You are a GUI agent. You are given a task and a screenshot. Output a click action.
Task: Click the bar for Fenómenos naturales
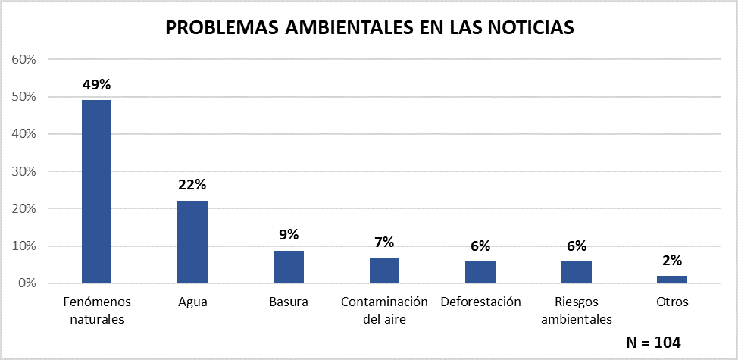point(96,191)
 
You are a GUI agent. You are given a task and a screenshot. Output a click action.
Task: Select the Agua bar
point(192,242)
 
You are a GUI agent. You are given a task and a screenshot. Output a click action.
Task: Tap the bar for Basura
point(288,267)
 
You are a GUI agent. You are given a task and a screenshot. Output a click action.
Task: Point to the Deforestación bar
point(480,272)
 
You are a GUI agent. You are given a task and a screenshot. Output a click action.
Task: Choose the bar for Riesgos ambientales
point(576,272)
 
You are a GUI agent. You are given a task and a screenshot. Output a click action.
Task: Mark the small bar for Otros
point(672,279)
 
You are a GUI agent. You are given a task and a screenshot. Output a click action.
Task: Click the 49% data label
point(96,85)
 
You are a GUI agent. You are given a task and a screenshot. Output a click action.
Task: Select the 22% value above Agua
point(192,185)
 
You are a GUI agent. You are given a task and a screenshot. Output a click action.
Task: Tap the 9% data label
point(288,234)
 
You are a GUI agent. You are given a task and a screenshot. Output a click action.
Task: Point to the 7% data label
point(384,243)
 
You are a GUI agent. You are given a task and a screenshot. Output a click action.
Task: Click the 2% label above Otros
point(672,261)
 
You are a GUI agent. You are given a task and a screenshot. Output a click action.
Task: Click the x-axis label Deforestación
point(480,302)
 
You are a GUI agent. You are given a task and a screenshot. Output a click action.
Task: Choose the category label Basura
point(288,302)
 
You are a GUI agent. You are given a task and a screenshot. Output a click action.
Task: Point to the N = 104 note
point(653,342)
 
